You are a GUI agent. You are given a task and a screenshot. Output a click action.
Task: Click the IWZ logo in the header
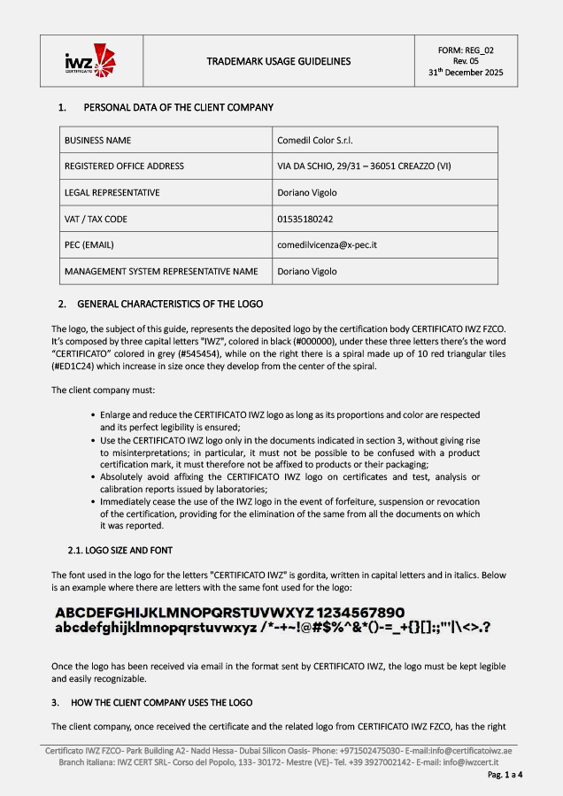90,60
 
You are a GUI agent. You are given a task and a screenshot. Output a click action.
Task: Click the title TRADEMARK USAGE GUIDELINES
278,61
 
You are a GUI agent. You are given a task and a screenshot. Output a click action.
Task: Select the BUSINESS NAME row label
97,140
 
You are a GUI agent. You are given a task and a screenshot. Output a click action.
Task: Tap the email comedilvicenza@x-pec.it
327,244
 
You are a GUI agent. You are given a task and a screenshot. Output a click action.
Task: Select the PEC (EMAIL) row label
89,244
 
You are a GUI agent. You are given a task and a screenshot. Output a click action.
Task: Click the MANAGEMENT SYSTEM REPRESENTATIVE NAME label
161,271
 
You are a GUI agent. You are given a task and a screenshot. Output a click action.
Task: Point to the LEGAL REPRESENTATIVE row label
112,192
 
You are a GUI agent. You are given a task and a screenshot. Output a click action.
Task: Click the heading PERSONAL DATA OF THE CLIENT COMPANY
178,107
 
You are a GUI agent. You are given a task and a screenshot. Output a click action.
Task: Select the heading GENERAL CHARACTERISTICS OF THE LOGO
174,304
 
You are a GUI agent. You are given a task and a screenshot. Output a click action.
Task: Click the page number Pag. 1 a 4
505,775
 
